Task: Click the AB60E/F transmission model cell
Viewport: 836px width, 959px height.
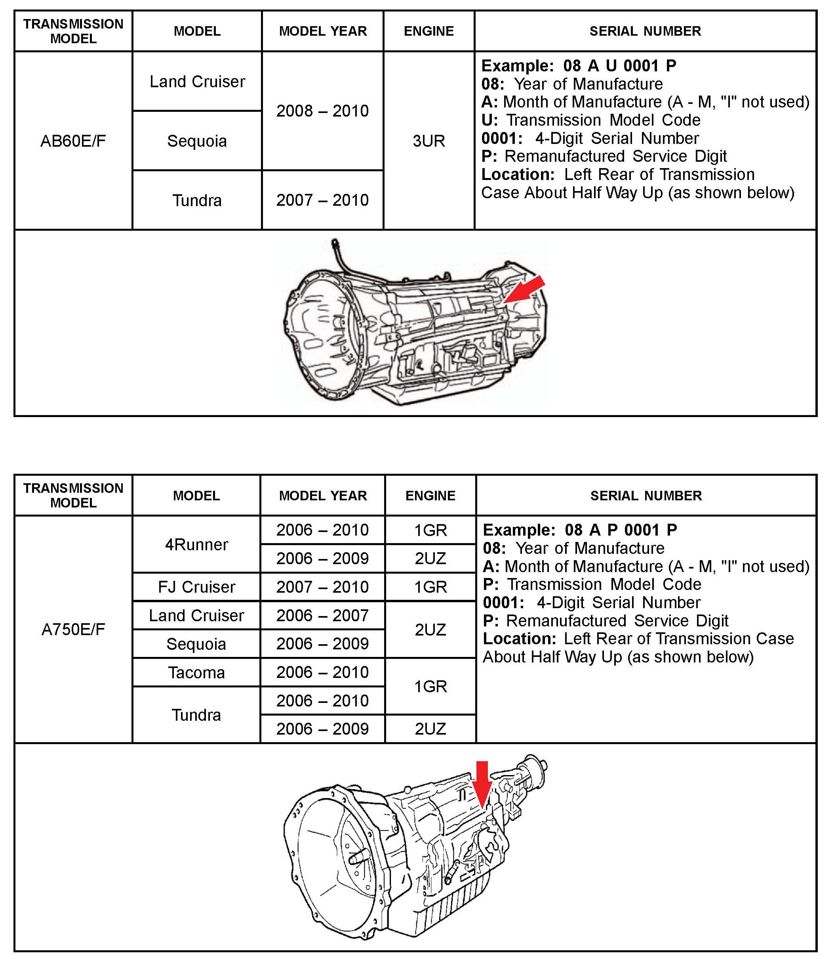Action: (73, 140)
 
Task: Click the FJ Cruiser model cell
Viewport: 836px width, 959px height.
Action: (196, 587)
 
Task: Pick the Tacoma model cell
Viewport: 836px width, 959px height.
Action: (196, 672)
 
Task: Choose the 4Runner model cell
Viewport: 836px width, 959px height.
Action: (196, 544)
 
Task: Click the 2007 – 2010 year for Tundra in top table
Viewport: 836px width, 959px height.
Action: (322, 200)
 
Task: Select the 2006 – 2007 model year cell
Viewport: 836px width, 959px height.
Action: (322, 615)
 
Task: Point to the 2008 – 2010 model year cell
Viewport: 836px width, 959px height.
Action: (322, 111)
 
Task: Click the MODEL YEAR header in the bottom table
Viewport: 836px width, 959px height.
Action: (323, 496)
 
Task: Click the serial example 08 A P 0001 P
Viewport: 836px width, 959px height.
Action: (621, 530)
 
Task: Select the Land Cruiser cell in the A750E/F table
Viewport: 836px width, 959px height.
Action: (196, 615)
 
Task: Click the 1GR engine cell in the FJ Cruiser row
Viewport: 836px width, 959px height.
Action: (430, 587)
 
